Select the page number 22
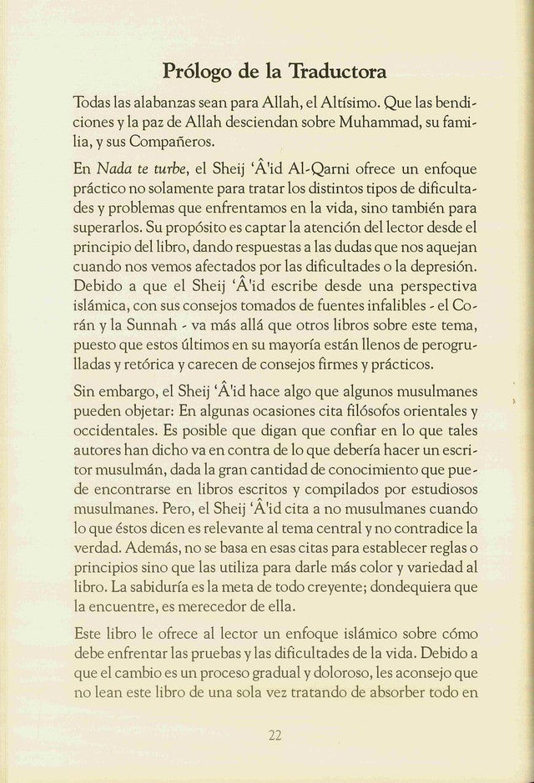[x=275, y=735]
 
